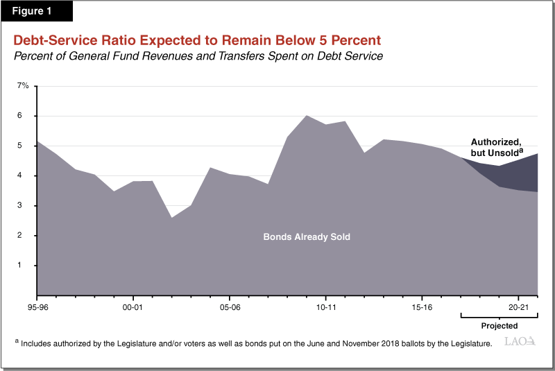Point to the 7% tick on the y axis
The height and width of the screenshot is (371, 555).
click(x=24, y=86)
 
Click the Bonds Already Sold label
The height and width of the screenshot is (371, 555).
click(x=307, y=237)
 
